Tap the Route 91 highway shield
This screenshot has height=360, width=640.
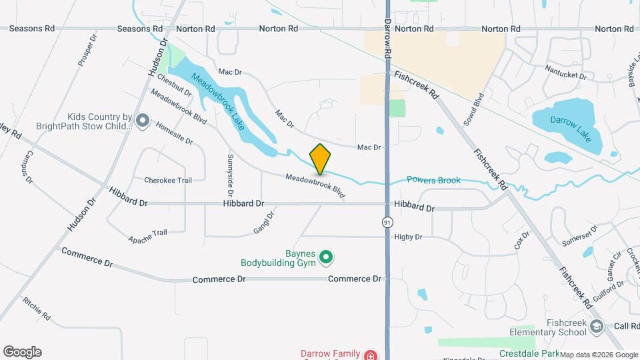pos(387,221)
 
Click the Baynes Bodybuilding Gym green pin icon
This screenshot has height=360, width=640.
pos(326,256)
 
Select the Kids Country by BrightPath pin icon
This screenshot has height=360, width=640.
pos(142,120)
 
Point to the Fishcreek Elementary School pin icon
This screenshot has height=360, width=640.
pos(596,326)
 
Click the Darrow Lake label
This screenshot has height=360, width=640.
pos(567,120)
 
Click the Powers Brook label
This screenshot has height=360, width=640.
pos(433,180)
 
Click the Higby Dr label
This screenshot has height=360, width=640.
pos(409,237)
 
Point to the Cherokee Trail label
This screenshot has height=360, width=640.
pos(168,180)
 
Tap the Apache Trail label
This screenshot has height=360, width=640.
pos(147,236)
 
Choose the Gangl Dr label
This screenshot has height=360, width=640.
pos(263,223)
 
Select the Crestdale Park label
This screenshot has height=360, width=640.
pos(529,353)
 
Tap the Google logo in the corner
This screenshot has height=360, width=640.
pos(22,352)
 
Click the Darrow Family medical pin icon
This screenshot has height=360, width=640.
pos(369,355)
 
